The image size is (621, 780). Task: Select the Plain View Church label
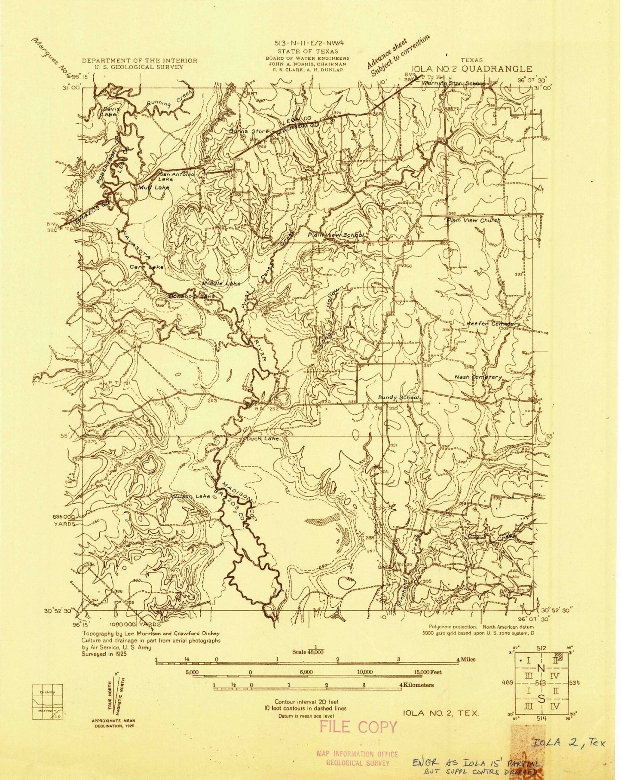point(474,220)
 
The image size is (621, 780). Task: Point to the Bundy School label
point(400,398)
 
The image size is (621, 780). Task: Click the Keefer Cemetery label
point(493,324)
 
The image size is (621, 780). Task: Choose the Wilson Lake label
point(191,496)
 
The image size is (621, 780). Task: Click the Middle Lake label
point(221,283)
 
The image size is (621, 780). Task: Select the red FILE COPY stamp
point(358,727)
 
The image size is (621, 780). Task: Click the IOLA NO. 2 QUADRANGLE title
point(472,69)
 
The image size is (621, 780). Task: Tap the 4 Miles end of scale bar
point(466,659)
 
